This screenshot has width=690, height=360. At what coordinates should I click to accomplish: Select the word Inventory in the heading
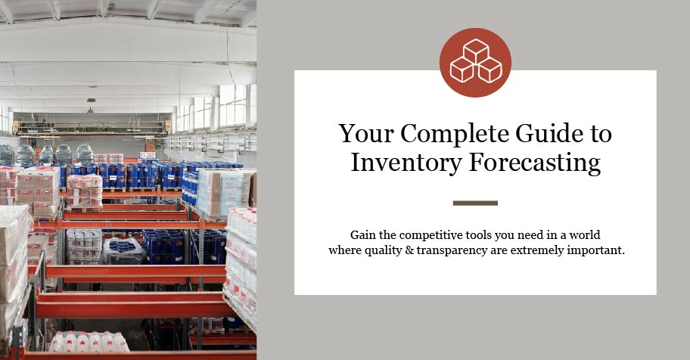click(406, 163)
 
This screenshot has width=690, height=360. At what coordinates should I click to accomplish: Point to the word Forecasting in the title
click(535, 163)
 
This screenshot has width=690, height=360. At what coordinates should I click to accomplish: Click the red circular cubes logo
click(475, 62)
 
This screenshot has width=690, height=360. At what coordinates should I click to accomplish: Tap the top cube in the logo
click(476, 51)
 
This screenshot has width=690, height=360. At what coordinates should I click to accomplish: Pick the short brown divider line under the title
click(475, 203)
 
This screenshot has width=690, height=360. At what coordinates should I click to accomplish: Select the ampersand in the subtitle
click(409, 250)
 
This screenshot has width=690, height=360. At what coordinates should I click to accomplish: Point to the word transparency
click(452, 251)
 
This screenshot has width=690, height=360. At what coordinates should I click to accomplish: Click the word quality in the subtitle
click(380, 251)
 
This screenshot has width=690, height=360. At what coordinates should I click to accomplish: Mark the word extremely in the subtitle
click(537, 251)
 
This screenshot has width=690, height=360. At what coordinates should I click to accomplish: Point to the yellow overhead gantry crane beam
click(92, 128)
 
